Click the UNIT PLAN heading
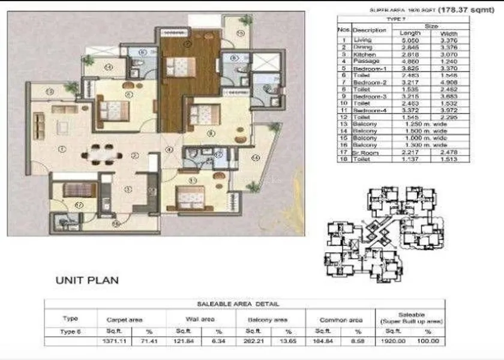[x=87, y=280]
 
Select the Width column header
[x=449, y=33]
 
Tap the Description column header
[x=369, y=29]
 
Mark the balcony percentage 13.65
[x=288, y=341]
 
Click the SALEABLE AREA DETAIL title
[x=247, y=304]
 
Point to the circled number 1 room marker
[x=62, y=149]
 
